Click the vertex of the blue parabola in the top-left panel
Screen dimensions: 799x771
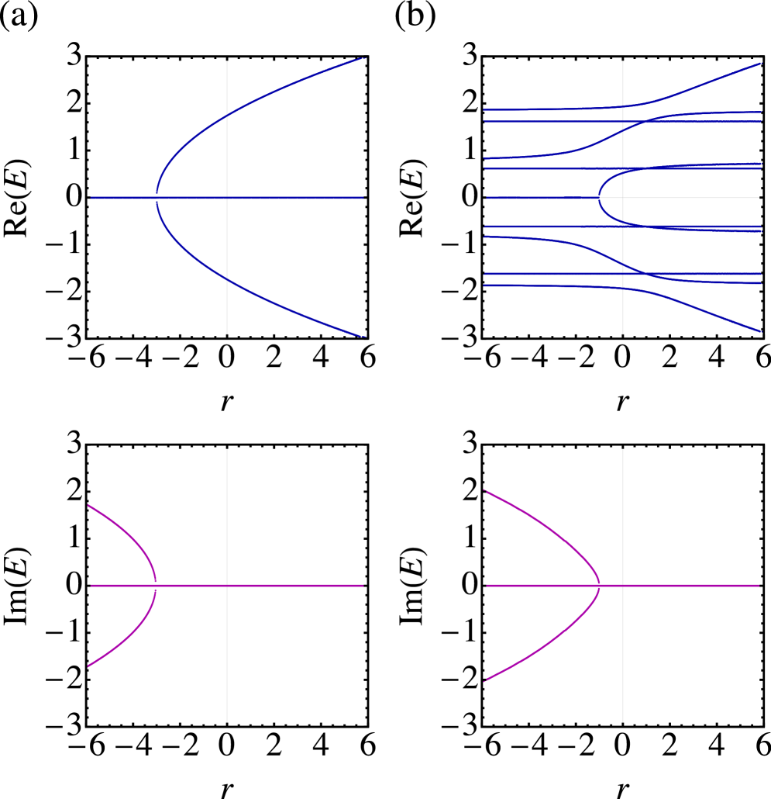click(x=157, y=198)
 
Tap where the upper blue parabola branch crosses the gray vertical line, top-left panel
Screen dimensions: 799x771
click(x=227, y=117)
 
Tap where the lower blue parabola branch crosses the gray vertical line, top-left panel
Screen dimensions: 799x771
click(x=227, y=278)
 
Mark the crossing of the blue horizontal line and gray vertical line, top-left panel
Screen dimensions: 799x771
click(x=227, y=198)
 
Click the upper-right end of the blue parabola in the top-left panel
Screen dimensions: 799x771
click(x=365, y=58)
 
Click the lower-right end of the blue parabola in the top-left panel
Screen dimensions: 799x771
click(x=365, y=337)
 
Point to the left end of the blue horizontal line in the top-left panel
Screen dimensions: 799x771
click(x=91, y=198)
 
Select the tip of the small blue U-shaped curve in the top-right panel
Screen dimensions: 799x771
click(x=599, y=198)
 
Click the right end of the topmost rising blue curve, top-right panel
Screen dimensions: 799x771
click(x=761, y=64)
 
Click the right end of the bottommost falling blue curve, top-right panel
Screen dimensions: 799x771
click(x=761, y=331)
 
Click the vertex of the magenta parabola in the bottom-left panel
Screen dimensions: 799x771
click(x=156, y=586)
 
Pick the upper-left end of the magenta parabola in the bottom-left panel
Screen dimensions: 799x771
click(x=89, y=505)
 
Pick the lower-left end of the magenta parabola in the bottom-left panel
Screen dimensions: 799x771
click(x=89, y=666)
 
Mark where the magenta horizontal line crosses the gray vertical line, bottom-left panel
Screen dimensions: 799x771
click(x=227, y=586)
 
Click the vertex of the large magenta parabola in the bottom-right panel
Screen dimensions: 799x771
click(x=600, y=586)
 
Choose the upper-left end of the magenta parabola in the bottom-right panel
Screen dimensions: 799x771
click(x=485, y=490)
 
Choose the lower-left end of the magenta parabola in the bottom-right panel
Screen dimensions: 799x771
click(x=485, y=681)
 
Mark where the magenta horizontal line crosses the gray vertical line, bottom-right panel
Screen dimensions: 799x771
click(x=623, y=586)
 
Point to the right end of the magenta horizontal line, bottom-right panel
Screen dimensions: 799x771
click(x=759, y=586)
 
